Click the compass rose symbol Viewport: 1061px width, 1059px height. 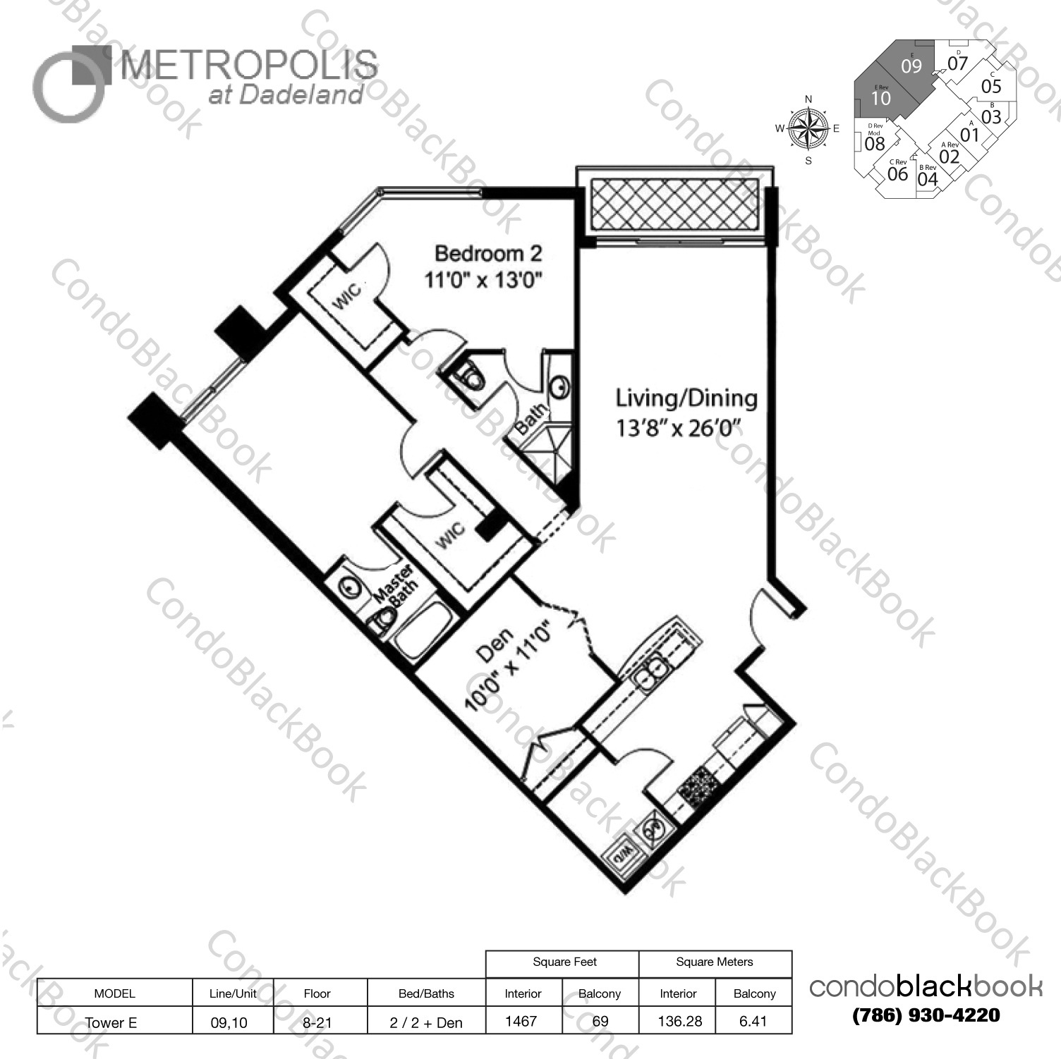point(808,129)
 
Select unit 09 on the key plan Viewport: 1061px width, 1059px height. point(911,66)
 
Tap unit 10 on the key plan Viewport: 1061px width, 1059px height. point(880,98)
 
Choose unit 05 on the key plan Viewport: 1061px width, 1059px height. point(991,86)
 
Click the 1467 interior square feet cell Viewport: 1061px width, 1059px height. point(521,1020)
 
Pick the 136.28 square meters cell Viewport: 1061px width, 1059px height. point(679,1020)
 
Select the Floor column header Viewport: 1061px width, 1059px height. point(317,993)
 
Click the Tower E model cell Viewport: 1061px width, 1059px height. point(111,1022)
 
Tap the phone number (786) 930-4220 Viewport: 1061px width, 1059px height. point(926,1016)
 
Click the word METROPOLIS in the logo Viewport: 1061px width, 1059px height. point(249,67)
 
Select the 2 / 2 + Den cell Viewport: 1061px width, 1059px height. point(426,1022)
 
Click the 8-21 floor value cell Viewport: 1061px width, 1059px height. point(317,1022)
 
